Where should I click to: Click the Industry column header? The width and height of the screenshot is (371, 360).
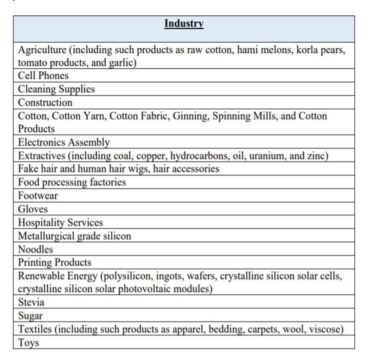click(184, 24)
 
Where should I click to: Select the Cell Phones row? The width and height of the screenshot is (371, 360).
click(43, 76)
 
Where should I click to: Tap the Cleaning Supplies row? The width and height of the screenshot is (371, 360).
click(56, 89)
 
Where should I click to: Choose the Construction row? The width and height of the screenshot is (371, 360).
click(45, 103)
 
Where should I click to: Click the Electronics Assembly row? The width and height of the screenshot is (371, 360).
click(64, 142)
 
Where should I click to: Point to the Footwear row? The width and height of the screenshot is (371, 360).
click(38, 196)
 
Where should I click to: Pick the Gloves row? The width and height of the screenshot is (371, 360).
click(33, 209)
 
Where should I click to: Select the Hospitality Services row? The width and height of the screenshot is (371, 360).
click(60, 223)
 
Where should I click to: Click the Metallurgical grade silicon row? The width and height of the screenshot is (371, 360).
click(74, 236)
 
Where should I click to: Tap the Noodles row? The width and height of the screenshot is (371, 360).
click(35, 249)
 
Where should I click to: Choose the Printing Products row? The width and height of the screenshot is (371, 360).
click(54, 263)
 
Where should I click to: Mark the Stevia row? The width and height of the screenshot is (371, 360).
click(31, 302)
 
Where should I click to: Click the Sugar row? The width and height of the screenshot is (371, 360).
click(30, 316)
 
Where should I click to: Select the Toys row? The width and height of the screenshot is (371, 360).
click(28, 343)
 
